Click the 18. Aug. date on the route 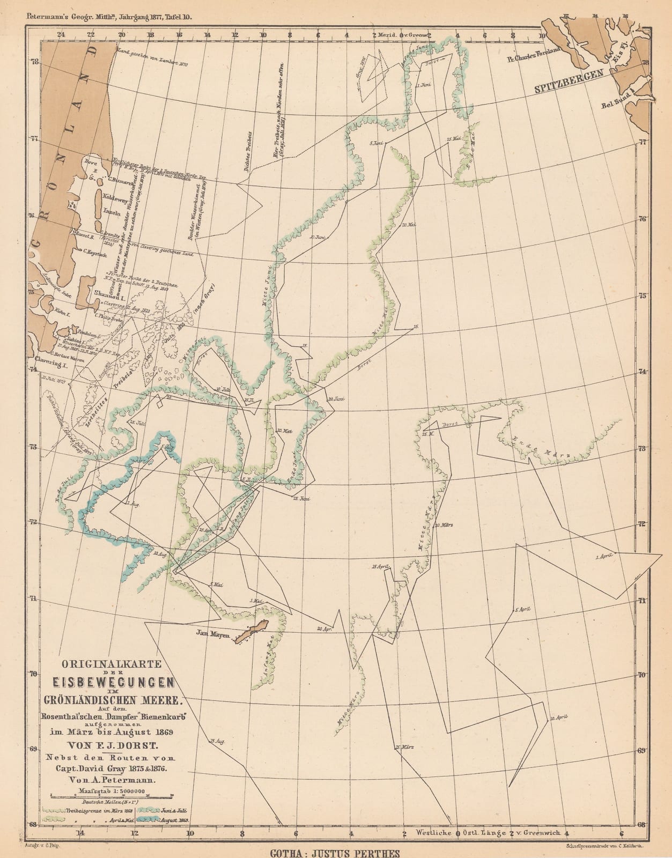pyautogui.click(x=217, y=741)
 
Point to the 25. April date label pyautogui.click(x=379, y=567)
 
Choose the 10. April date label pyautogui.click(x=559, y=718)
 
